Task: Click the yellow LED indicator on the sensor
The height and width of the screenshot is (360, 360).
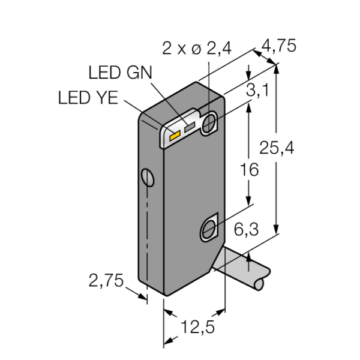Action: tap(175, 136)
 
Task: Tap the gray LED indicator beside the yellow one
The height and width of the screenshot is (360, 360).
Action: tap(190, 127)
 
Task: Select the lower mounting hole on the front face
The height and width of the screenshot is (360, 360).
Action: tap(209, 229)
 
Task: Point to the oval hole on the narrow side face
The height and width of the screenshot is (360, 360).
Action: tap(148, 178)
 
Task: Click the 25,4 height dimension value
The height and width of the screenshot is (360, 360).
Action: tap(277, 148)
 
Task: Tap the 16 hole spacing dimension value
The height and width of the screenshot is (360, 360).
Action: tap(249, 170)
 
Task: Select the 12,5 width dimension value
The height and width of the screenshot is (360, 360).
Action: tap(197, 327)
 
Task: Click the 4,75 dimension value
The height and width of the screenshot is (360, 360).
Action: tap(279, 46)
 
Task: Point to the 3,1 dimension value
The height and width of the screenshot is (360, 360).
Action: tap(257, 90)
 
